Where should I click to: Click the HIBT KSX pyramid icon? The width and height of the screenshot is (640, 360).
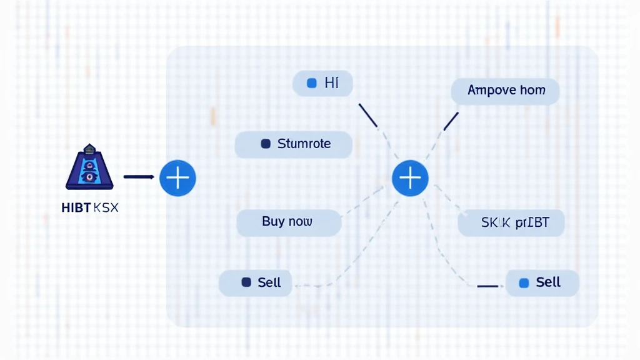pos(89,167)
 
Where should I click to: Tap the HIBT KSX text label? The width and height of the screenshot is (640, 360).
pos(90,207)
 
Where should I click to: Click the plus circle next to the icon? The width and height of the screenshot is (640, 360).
pos(177,177)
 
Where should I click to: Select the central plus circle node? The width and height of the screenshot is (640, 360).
pos(410,177)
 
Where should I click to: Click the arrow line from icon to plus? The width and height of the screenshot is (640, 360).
pos(139,177)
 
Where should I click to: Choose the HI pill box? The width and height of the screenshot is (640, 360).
pos(322,83)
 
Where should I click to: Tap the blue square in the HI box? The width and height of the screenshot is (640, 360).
pos(312,83)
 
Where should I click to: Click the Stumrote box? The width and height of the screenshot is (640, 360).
pos(293,144)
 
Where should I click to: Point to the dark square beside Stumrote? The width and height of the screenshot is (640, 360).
pos(265,144)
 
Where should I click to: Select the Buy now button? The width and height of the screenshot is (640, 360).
pos(289,222)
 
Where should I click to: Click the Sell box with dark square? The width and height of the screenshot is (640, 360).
pos(256,282)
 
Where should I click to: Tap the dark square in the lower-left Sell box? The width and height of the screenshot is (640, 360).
pos(246,282)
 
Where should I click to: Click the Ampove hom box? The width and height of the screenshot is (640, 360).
pos(505,91)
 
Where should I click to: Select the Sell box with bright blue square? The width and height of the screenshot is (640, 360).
pos(542,282)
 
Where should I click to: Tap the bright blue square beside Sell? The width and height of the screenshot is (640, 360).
pos(524,283)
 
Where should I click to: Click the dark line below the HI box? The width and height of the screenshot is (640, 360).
pos(368,116)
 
